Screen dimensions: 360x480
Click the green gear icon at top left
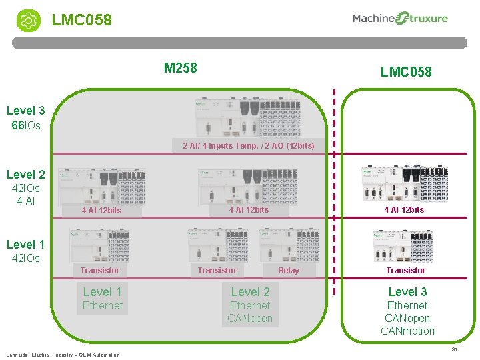tap(28, 20)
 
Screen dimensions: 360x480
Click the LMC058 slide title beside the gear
tap(82, 20)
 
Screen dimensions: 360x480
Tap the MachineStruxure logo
tap(400, 19)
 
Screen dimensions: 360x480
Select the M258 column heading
tap(180, 67)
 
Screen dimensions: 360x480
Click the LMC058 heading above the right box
tap(405, 71)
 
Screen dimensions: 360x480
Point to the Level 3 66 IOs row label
tap(26, 117)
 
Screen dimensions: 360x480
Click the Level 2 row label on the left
tap(26, 175)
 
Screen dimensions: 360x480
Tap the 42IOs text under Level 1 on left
tap(26, 258)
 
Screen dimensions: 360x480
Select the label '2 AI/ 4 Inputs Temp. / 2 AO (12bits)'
tap(248, 145)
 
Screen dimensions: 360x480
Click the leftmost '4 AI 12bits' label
tap(101, 211)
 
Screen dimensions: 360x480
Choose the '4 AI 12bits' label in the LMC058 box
tap(403, 209)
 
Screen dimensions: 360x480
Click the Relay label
tap(288, 270)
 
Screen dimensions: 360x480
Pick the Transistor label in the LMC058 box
tap(405, 270)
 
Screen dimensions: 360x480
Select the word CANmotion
tap(407, 331)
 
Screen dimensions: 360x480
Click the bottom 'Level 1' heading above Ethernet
tap(102, 291)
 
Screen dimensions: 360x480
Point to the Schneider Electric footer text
tap(63, 355)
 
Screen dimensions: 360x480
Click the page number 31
tap(454, 349)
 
